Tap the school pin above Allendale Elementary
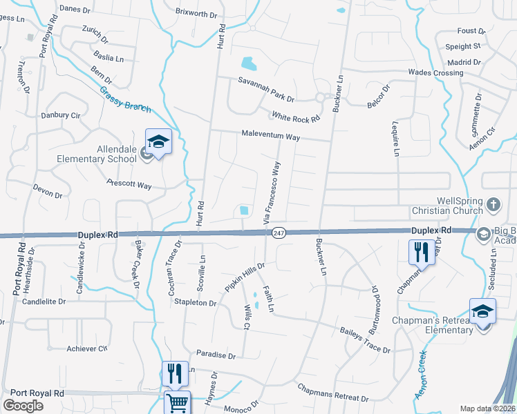coord(158,143)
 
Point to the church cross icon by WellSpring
coord(493,204)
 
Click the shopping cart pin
coord(178,403)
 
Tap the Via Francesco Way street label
coord(272,192)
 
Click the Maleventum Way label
coord(270,136)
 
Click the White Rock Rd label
coord(296,117)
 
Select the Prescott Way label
coord(129,184)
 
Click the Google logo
coord(23,405)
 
